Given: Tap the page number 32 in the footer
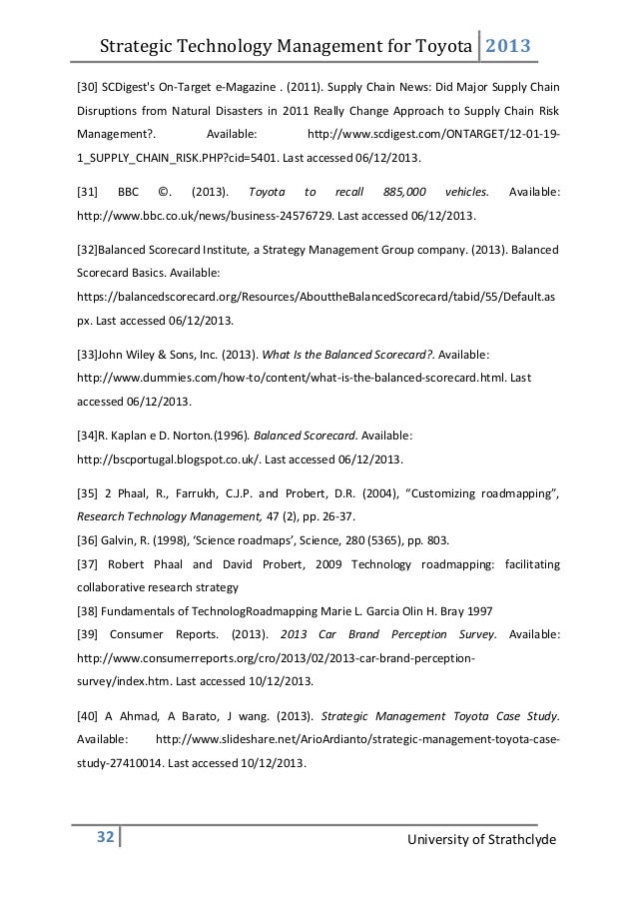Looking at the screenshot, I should [x=103, y=835].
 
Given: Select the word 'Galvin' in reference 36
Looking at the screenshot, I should [x=128, y=540].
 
